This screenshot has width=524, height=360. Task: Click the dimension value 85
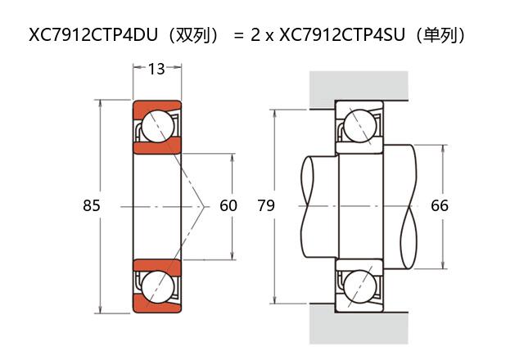pos(92,206)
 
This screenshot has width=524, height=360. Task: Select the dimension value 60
pos(228,206)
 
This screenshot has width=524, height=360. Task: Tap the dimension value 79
pos(266,206)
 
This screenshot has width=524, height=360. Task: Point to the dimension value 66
pos(440,206)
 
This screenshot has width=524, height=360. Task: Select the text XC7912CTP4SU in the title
pos(341,35)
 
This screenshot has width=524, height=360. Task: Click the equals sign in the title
pos(238,36)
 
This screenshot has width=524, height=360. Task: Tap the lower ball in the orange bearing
pos(156,286)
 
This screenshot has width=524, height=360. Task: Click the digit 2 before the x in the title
pos(255,36)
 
